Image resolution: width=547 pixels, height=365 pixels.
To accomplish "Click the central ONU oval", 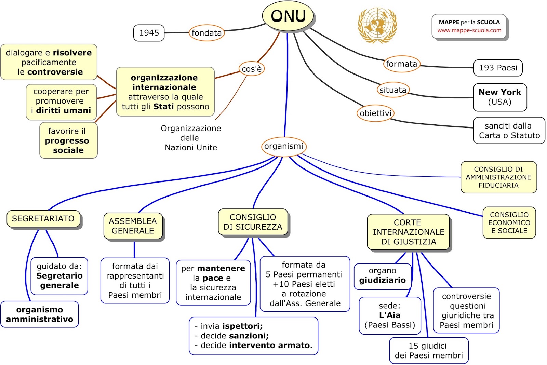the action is pos(288,16).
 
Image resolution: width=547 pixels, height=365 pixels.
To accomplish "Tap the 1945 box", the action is pos(149,33).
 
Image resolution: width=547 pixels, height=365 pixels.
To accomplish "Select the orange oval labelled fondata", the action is pos(206,33).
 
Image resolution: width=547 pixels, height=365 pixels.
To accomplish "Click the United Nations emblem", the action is pos(377,25).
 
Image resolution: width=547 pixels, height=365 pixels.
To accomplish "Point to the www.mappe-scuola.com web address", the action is pos(469,30).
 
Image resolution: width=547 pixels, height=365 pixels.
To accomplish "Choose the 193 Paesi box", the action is pos(498,68).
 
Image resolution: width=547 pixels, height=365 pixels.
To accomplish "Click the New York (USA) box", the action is pos(500,97).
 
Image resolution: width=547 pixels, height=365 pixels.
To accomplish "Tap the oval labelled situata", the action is pos(393,90).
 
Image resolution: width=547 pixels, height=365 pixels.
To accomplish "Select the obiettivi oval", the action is pos(376,113).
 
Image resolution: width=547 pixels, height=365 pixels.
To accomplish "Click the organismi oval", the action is pos(284,146).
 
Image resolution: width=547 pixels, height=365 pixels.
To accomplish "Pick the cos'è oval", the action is pos(252,69).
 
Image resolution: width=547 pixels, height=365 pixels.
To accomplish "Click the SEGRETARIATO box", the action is pos(43,218).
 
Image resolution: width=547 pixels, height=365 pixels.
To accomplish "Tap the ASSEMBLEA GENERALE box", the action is pos(133,226).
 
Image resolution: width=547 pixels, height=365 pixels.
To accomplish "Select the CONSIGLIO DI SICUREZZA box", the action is pos(253,222).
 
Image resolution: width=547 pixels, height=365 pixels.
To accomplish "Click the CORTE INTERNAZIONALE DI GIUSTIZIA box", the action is pos(408,232).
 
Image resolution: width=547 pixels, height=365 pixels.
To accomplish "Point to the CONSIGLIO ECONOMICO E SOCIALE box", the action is pos(509,223).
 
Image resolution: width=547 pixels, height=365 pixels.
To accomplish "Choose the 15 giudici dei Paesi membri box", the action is pos(429,351).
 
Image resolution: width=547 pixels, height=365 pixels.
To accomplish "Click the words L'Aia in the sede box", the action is pos(390,315).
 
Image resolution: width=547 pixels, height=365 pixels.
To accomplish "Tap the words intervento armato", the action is pos(271,345).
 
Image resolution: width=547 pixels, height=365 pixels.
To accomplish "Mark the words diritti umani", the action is pos(64,111).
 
